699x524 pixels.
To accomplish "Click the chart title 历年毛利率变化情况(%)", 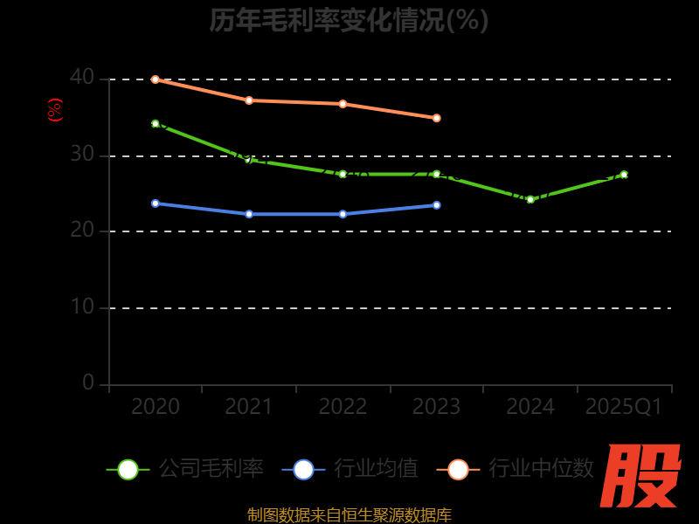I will click(x=349, y=20).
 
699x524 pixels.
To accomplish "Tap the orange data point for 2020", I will click(x=156, y=79).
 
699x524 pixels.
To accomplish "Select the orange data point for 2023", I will click(x=436, y=118).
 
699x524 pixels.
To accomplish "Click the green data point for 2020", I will click(x=156, y=124).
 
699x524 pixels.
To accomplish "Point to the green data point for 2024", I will click(x=529, y=199).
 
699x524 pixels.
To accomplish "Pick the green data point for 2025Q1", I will click(x=624, y=175).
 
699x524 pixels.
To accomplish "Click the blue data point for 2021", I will click(x=249, y=214).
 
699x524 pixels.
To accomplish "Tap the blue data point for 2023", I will click(x=436, y=205).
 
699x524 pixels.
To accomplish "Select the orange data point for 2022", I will click(x=343, y=104).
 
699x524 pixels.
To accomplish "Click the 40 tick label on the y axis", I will click(x=82, y=78).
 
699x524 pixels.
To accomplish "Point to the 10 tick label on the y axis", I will click(x=82, y=307).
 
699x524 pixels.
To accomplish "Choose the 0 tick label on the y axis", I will click(x=88, y=383).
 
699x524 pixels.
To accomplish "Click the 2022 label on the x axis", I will click(x=343, y=407).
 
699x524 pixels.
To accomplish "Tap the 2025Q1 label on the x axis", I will click(x=624, y=407).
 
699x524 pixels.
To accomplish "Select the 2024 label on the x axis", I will click(x=530, y=407).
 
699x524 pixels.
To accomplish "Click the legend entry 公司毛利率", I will click(x=185, y=469).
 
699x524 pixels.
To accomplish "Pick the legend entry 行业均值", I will click(x=350, y=469).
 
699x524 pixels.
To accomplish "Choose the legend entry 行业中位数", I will click(x=521, y=469).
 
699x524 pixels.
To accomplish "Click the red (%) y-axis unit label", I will click(x=55, y=111).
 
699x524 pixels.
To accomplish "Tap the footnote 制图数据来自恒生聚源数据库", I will click(x=349, y=514).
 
